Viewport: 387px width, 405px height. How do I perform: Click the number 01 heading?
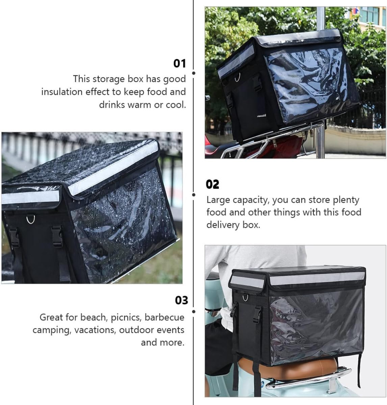(180, 63)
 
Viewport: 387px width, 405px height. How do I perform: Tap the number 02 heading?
(212, 184)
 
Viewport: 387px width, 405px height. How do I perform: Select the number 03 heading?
(181, 300)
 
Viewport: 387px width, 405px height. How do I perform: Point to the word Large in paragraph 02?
(217, 200)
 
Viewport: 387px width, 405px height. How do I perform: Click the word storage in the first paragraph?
(108, 79)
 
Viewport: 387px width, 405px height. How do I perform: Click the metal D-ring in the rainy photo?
(31, 219)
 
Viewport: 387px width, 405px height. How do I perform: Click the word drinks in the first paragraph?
(112, 105)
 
